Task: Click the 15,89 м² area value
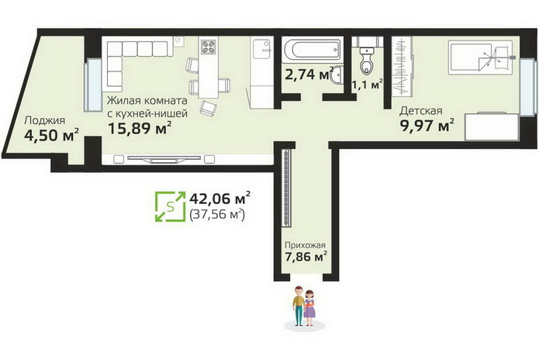140,128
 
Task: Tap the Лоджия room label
45,121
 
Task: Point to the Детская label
421,111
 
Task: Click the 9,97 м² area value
427,126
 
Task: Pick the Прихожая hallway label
306,245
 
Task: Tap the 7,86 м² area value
306,257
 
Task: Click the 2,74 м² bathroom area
309,74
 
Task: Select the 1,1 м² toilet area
367,85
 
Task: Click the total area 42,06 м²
219,199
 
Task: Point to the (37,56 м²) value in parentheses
217,214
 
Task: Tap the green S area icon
170,206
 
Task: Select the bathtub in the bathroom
312,50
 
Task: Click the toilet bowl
367,61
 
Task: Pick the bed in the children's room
480,57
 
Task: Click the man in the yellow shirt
299,306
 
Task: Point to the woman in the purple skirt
309,308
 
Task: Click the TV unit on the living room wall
164,159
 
